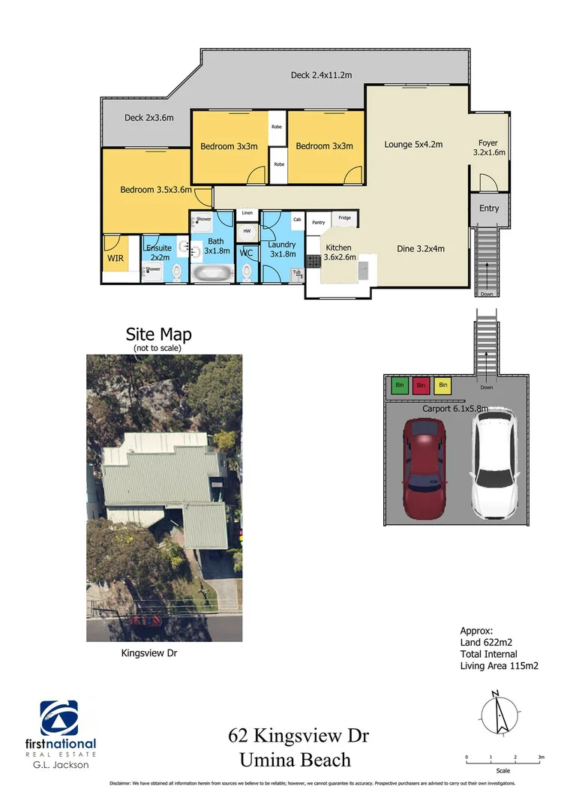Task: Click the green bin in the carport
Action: pyautogui.click(x=399, y=385)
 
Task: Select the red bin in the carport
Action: pyautogui.click(x=421, y=385)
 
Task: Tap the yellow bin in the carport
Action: pyautogui.click(x=442, y=385)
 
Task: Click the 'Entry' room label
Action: pyautogui.click(x=489, y=208)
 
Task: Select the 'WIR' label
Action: pyautogui.click(x=115, y=259)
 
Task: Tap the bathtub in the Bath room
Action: pyautogui.click(x=213, y=272)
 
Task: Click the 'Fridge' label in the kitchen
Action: pyautogui.click(x=344, y=218)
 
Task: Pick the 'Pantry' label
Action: pyautogui.click(x=318, y=222)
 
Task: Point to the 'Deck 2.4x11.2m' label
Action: pyautogui.click(x=322, y=75)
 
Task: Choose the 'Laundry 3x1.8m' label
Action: pyautogui.click(x=281, y=249)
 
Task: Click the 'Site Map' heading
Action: pyautogui.click(x=158, y=334)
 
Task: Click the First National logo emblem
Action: pyautogui.click(x=58, y=718)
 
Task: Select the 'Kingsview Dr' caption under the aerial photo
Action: pyautogui.click(x=149, y=653)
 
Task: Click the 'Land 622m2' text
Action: pyautogui.click(x=487, y=643)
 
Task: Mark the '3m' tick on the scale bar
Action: pyautogui.click(x=540, y=757)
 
